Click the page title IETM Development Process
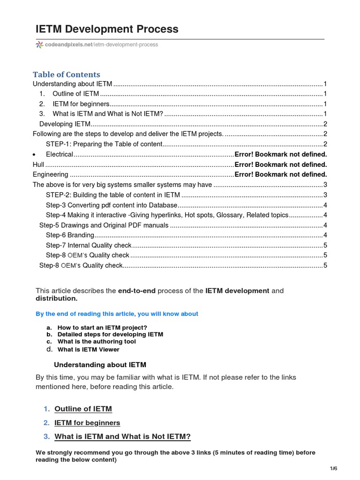coord(107,29)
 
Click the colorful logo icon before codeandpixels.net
coord(39,45)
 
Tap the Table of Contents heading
coord(66,75)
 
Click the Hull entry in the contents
coord(38,165)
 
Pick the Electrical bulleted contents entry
coord(60,154)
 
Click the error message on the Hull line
coord(280,165)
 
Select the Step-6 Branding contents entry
coord(70,235)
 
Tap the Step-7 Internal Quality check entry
coord(89,245)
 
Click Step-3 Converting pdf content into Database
coord(112,205)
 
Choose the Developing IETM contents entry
coord(64,124)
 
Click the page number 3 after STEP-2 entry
coord(325,195)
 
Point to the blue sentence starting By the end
coord(117,314)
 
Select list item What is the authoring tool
coord(97,342)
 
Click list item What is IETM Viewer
coord(88,349)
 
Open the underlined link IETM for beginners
coord(87,423)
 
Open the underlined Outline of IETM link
coord(83,409)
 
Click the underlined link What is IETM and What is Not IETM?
coord(122,437)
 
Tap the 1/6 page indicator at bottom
coord(333,469)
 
